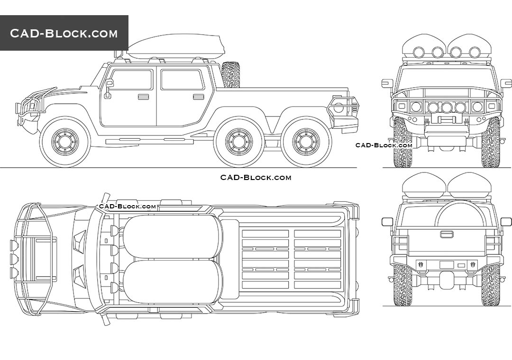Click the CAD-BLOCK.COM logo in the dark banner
[x=64, y=33]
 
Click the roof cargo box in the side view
[x=174, y=46]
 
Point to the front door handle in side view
[x=143, y=97]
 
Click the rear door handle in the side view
[x=199, y=97]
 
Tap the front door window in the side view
[x=131, y=80]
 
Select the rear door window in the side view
[x=183, y=80]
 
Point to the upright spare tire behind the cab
[x=231, y=74]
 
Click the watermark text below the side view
[x=256, y=178]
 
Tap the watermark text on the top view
[x=127, y=207]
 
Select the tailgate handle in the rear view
[x=447, y=234]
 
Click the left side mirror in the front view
[x=387, y=83]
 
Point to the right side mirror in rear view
[x=506, y=222]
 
